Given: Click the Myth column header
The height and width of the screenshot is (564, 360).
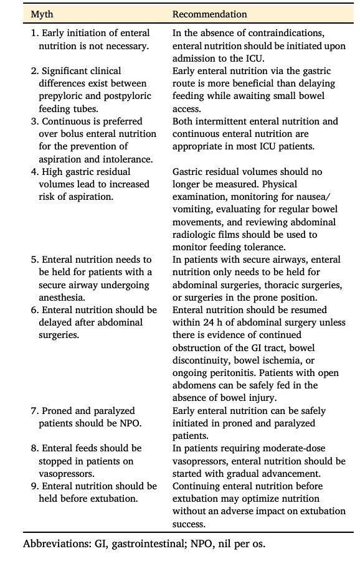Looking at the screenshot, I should pos(42,14).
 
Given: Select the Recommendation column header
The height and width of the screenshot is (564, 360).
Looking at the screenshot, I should pos(209,14).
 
